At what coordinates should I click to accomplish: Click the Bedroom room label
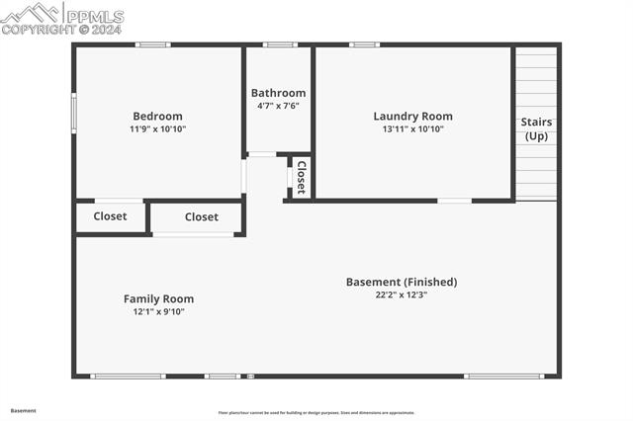157,116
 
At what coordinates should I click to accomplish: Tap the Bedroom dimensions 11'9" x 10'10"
157,129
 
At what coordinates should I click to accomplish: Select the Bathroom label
278,93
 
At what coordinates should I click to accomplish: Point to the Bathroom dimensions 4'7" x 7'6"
278,106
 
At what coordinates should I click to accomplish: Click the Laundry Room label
412,116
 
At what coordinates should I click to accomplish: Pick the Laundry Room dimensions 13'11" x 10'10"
412,129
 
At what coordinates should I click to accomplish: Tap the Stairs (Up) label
536,128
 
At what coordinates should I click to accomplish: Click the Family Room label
158,298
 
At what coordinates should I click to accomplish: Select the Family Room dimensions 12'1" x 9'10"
158,312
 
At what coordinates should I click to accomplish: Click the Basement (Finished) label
402,282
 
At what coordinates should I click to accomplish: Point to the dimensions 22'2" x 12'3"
402,295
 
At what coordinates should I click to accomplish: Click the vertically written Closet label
301,178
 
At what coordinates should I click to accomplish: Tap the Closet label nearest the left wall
110,216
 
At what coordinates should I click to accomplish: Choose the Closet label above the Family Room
201,216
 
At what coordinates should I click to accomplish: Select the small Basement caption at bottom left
23,410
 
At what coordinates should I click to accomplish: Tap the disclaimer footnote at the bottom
316,413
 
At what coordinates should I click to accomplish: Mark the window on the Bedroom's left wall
73,113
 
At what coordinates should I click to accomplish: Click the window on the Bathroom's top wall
280,44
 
